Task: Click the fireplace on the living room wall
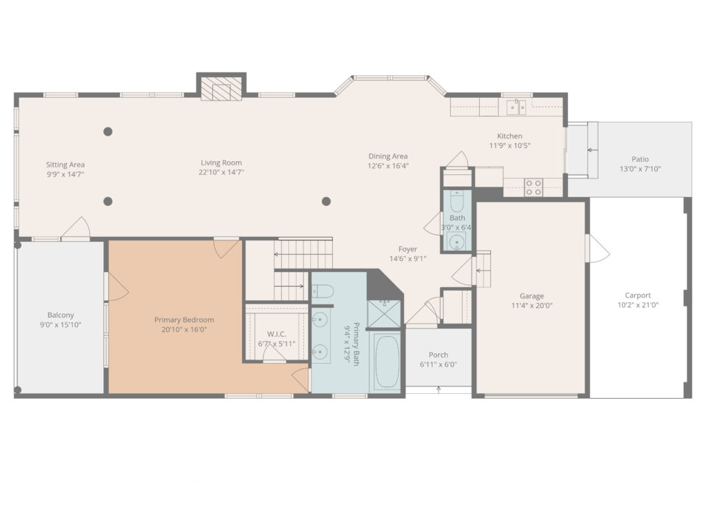[x=221, y=89]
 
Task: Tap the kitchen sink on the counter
[x=516, y=107]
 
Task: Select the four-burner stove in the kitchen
[x=534, y=187]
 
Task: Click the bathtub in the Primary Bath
[x=386, y=361]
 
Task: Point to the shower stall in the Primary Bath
[x=384, y=313]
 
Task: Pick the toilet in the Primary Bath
[x=322, y=291]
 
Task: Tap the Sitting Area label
[x=65, y=165]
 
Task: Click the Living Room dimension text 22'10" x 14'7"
[x=221, y=172]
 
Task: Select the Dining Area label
[x=387, y=156]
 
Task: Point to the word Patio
[x=640, y=159]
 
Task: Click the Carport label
[x=638, y=295]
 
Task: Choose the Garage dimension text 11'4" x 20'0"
[x=532, y=306]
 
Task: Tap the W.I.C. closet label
[x=276, y=334]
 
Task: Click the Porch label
[x=438, y=355]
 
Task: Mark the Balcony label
[x=61, y=315]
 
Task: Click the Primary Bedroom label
[x=184, y=320]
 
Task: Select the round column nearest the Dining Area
[x=326, y=201]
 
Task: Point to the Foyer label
[x=407, y=249]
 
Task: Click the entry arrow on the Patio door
[x=590, y=149]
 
